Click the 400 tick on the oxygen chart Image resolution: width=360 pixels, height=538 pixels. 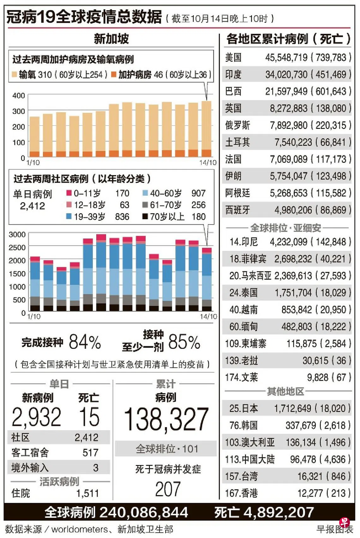pos(19,96)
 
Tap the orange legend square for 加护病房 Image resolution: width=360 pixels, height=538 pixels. pos(114,75)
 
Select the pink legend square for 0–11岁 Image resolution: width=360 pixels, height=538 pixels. pos(69,193)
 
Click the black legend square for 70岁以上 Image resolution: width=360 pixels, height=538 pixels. pos(145,216)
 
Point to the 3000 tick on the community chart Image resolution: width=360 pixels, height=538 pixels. pos(17,234)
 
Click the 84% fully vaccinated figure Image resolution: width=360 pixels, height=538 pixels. pos(85,342)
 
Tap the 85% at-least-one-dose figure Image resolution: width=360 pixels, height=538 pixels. pos(184,342)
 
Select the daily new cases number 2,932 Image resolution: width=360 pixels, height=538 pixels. pos(36,417)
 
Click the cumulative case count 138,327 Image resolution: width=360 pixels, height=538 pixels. pos(166,420)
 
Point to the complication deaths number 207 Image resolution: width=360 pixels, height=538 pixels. pos(168,489)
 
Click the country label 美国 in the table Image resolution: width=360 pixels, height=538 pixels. pos(233,57)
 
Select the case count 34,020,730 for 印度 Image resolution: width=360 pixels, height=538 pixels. pos(286,75)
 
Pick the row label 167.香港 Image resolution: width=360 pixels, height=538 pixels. pos(241,493)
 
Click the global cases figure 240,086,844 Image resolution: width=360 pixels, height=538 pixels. pos(144,512)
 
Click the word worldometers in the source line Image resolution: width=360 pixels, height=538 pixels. pos(80,529)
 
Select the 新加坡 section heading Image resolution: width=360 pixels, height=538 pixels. pos(111,39)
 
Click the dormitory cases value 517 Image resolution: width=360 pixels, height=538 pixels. pos(91,453)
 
